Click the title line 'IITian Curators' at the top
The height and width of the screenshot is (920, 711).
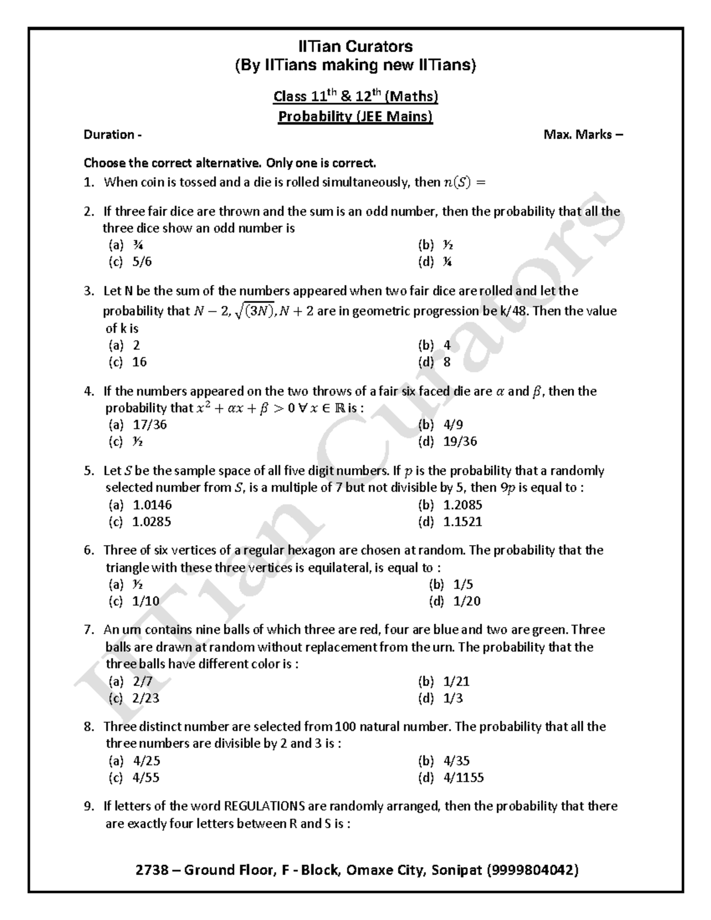click(355, 46)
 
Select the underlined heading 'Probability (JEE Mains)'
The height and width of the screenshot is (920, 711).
click(355, 116)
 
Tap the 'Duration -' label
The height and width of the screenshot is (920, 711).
click(113, 134)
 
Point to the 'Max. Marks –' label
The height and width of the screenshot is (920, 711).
click(583, 134)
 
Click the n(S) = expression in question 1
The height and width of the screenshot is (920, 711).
click(464, 182)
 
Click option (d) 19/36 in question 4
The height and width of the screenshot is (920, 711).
click(450, 441)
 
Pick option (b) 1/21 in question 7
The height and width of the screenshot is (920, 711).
click(447, 681)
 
